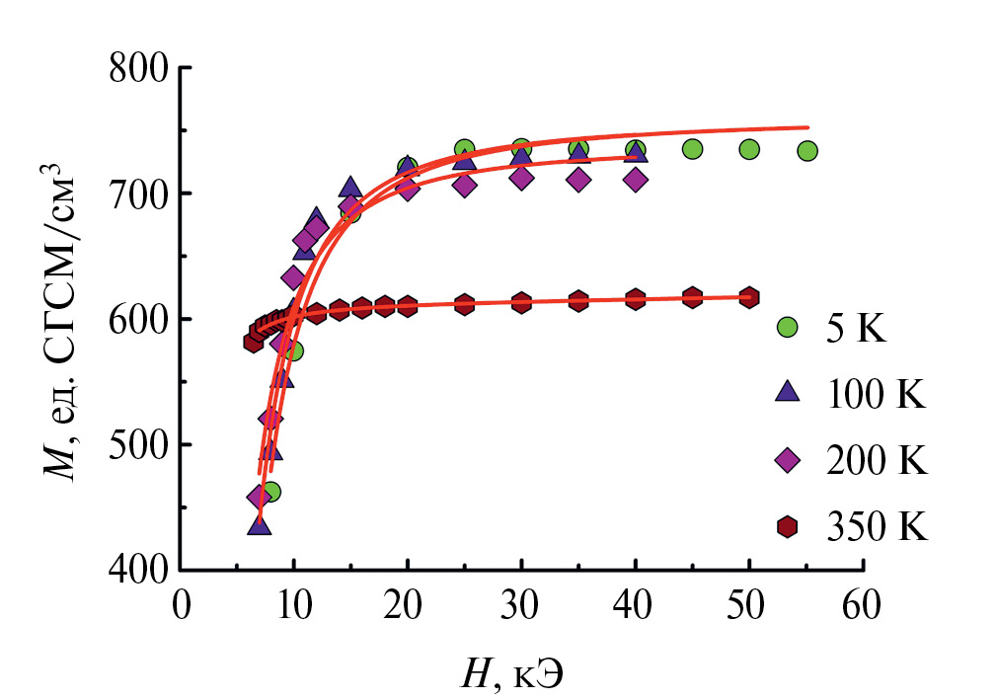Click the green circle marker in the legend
(x=787, y=327)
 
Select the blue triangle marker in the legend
(x=787, y=392)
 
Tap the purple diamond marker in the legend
(x=787, y=460)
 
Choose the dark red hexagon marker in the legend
(x=787, y=527)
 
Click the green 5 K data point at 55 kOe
(x=807, y=151)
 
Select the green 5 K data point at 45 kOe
(x=692, y=149)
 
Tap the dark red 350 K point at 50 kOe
(x=749, y=296)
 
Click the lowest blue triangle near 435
(x=260, y=524)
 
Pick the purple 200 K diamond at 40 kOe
(x=636, y=180)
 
